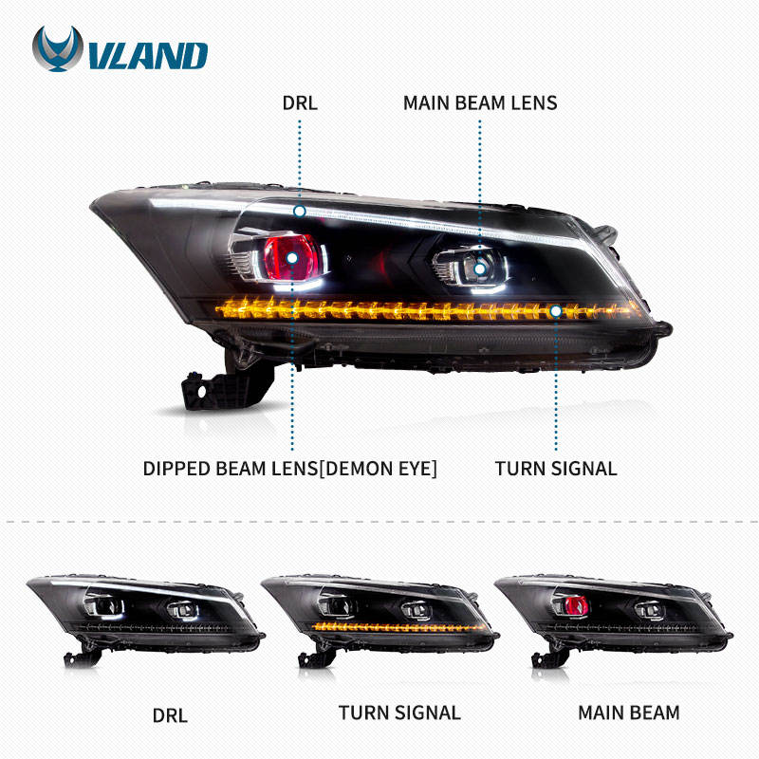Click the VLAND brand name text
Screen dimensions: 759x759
[149, 56]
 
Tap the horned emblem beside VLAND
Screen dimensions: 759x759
[58, 48]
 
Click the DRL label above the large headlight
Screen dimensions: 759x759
[300, 103]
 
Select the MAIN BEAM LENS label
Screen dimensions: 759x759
[480, 103]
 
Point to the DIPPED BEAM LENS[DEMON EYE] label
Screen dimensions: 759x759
[290, 469]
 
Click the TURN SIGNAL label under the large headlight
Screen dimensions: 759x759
[556, 469]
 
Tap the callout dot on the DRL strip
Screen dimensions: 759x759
[300, 212]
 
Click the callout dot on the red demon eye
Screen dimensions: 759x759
[292, 258]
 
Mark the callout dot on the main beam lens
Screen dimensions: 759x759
[480, 268]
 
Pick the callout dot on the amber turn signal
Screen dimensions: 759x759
[556, 311]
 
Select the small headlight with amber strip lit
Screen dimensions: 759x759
[380, 620]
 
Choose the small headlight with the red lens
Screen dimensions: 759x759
[614, 620]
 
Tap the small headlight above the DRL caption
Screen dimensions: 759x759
[146, 620]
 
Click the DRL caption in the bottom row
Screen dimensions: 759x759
[170, 715]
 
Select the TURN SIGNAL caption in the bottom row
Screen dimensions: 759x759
[399, 713]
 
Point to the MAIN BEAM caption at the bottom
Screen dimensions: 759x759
[629, 713]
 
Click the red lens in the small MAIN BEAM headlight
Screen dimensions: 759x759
[576, 605]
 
